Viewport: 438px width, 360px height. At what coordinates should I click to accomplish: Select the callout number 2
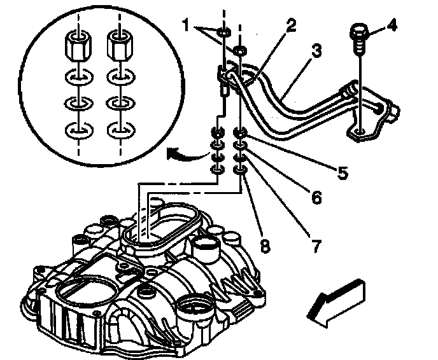pyautogui.click(x=291, y=26)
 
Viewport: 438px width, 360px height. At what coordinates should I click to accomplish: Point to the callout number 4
pyautogui.click(x=392, y=27)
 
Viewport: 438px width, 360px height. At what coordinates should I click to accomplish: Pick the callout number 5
pyautogui.click(x=343, y=172)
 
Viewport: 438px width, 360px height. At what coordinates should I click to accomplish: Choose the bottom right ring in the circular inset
pyautogui.click(x=119, y=132)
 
